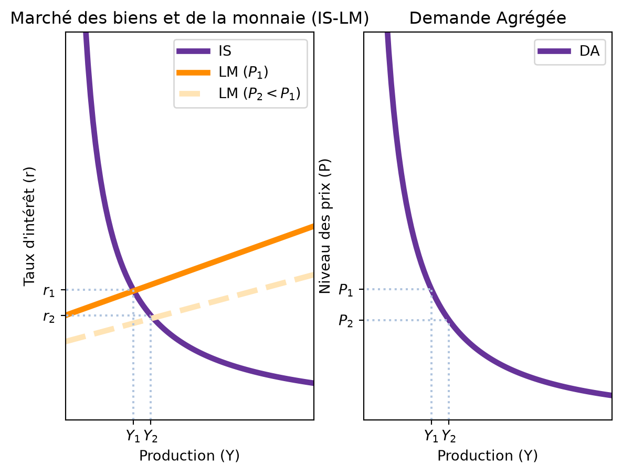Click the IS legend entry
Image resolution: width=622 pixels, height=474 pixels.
(x=204, y=51)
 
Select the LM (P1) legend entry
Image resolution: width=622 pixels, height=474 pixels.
(x=222, y=72)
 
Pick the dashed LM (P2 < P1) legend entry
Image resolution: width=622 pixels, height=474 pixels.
(x=238, y=93)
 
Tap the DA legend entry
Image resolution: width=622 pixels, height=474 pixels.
(x=568, y=51)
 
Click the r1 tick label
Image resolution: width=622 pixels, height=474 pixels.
(x=49, y=291)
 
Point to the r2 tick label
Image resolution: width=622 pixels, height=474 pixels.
(x=49, y=317)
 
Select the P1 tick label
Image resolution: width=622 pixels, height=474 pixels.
(x=345, y=290)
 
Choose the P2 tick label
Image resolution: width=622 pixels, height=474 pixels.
(x=345, y=321)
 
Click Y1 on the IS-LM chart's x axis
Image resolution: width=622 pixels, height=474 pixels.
(x=133, y=436)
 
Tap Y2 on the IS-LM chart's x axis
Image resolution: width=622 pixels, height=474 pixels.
(x=151, y=436)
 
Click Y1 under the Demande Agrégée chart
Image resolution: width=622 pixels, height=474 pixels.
(x=431, y=436)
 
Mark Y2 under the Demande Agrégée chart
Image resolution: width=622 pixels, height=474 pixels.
(x=449, y=436)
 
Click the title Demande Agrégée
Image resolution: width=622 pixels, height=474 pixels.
(x=488, y=18)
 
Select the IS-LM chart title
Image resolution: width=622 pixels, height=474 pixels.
(x=189, y=18)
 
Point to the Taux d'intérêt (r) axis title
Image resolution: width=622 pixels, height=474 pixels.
(x=29, y=226)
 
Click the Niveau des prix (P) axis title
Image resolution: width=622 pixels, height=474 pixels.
(x=325, y=226)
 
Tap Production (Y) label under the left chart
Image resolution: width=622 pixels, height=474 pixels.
(x=189, y=455)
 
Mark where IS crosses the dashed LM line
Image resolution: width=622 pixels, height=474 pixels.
(x=151, y=317)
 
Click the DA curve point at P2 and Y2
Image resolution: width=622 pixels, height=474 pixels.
(x=449, y=321)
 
